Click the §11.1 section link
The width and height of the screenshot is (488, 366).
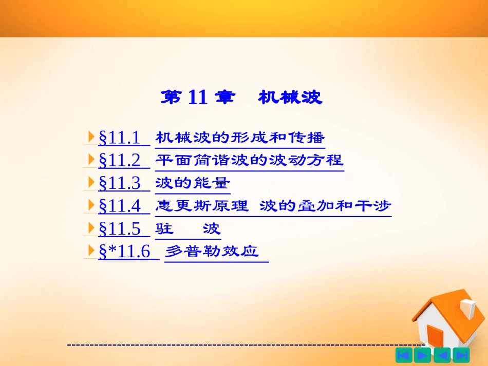pyautogui.click(x=119, y=138)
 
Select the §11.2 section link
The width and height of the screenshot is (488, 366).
pyautogui.click(x=119, y=160)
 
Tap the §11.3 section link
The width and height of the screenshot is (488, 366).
pyautogui.click(x=119, y=183)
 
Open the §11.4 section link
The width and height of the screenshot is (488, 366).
pyautogui.click(x=119, y=206)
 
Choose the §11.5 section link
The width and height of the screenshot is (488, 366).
pyautogui.click(x=119, y=228)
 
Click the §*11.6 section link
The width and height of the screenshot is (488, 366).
pyautogui.click(x=124, y=252)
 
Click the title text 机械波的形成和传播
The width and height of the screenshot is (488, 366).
pyautogui.click(x=240, y=138)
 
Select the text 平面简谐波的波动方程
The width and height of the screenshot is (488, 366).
pyautogui.click(x=249, y=160)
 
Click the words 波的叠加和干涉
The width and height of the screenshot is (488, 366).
pyautogui.click(x=325, y=206)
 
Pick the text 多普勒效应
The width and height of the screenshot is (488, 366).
pyautogui.click(x=212, y=252)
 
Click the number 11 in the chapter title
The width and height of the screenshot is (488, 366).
pyautogui.click(x=197, y=97)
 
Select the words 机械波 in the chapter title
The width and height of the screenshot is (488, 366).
pyautogui.click(x=290, y=97)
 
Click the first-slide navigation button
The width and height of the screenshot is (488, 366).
pyautogui.click(x=404, y=355)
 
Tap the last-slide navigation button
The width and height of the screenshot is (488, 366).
pyautogui.click(x=461, y=355)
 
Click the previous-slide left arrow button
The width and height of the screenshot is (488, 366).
pyautogui.click(x=442, y=355)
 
